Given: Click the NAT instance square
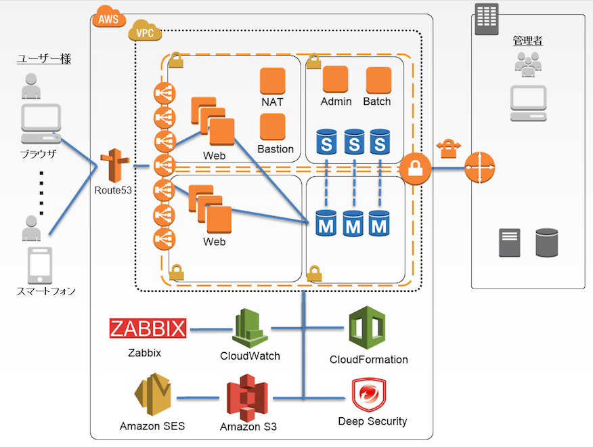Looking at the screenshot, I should [x=272, y=81].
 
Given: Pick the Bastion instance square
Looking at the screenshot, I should [x=272, y=127].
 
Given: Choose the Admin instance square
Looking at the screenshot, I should [x=335, y=80].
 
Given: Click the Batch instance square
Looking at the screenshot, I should [x=378, y=80].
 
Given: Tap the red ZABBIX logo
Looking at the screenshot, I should [x=148, y=329].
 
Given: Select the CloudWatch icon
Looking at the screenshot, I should [x=250, y=328].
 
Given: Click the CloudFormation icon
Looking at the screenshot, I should [x=366, y=328].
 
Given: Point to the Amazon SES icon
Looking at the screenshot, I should [x=152, y=397].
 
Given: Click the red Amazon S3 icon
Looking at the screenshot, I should [x=247, y=398].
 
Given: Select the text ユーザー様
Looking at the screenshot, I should [x=44, y=60].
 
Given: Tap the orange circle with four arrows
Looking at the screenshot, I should [x=479, y=167].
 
